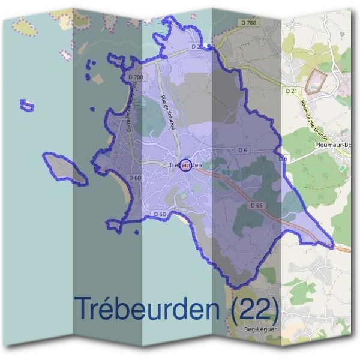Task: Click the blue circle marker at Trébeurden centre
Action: tap(185, 165)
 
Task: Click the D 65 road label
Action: tap(256, 206)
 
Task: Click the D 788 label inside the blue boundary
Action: tap(136, 77)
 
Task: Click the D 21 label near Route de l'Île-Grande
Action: tap(292, 91)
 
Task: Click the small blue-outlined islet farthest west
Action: tap(26, 106)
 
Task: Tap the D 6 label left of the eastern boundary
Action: tap(243, 149)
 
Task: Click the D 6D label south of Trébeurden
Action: tap(160, 214)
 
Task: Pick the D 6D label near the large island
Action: tap(135, 178)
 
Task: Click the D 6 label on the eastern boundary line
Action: tap(283, 158)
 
